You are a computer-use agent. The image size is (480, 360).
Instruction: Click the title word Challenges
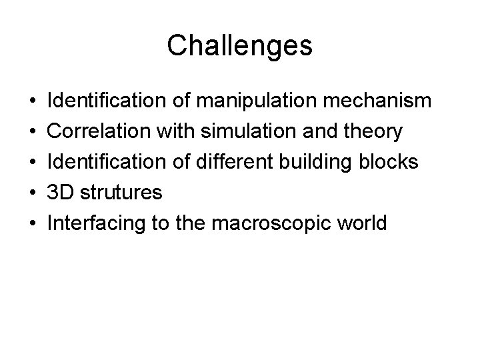click(239, 46)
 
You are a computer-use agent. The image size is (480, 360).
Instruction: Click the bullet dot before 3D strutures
click(33, 193)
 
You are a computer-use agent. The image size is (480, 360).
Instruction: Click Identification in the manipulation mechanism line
click(102, 101)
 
